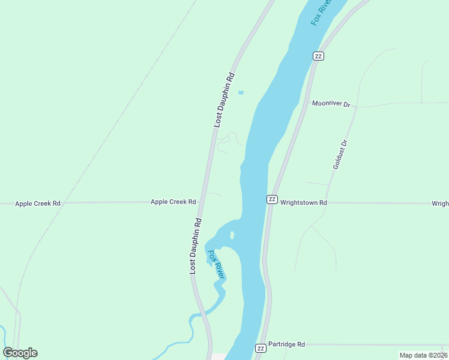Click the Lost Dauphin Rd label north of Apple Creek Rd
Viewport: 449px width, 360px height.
[x=224, y=100]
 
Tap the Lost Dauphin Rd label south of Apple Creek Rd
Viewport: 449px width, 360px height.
[x=196, y=246]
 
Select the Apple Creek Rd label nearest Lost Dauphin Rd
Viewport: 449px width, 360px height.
[x=173, y=202]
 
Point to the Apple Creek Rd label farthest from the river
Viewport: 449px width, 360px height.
[x=38, y=203]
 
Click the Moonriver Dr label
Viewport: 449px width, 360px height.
[x=331, y=104]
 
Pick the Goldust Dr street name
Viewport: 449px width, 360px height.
[x=340, y=155]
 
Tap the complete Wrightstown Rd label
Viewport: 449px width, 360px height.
[x=304, y=203]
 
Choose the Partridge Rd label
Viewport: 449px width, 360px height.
[x=286, y=344]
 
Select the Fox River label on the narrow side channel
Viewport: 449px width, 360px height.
[x=215, y=265]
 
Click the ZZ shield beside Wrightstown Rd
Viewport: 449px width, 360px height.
[x=272, y=199]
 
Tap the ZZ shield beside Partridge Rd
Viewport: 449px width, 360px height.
[x=261, y=348]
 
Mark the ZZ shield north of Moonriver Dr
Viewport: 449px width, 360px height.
[x=318, y=56]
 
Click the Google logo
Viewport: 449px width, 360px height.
[x=20, y=353]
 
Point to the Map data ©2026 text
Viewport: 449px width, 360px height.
[x=424, y=355]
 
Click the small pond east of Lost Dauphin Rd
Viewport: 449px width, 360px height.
[x=241, y=92]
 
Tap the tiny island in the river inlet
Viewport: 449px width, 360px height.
[x=232, y=235]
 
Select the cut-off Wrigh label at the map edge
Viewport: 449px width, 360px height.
[x=440, y=203]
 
